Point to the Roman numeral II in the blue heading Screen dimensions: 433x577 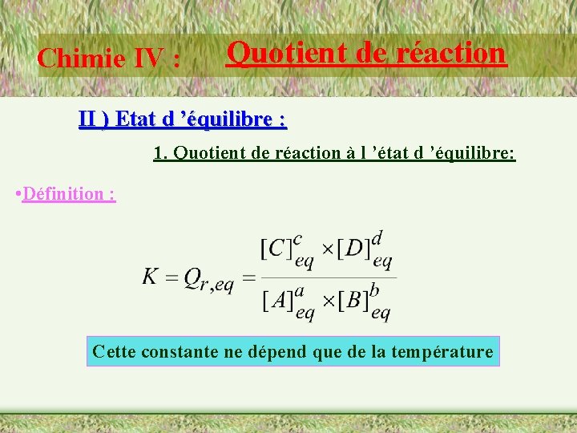click(x=90, y=120)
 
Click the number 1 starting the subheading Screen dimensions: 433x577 click(x=158, y=153)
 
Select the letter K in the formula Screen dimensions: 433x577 click(x=151, y=277)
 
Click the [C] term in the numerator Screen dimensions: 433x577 click(x=276, y=249)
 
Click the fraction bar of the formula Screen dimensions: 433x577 click(x=328, y=277)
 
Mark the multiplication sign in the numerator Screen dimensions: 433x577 click(x=327, y=249)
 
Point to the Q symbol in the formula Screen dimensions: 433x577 click(x=193, y=277)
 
